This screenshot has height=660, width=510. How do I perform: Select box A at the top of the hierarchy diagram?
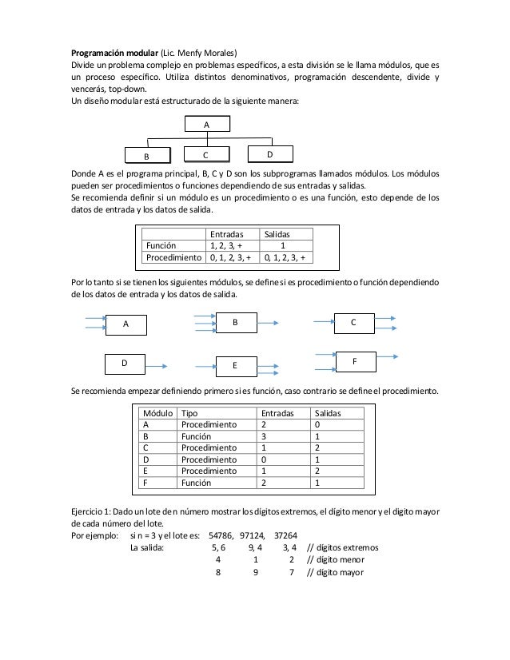click(x=207, y=125)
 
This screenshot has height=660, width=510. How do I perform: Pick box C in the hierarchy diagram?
click(x=207, y=154)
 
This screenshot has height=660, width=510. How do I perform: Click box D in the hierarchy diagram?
click(x=269, y=153)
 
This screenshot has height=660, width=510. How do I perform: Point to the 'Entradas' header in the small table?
click(x=227, y=234)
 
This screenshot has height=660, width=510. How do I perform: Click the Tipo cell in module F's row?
click(x=197, y=483)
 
